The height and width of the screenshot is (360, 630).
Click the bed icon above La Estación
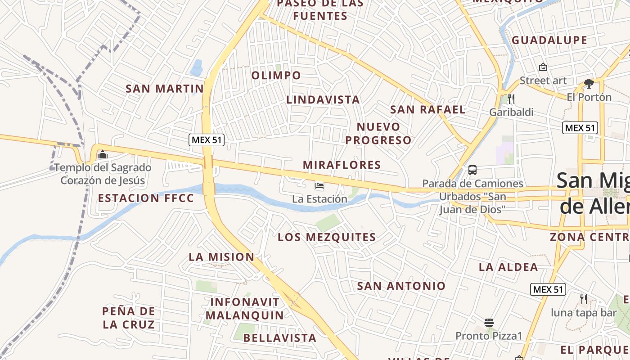[x=319, y=185]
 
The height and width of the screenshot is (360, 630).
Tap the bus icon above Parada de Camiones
[x=472, y=170]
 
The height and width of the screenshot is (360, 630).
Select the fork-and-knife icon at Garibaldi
[x=511, y=99]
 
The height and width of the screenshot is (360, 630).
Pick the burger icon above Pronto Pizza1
[x=489, y=323]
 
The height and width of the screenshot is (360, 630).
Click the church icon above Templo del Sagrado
[x=103, y=155]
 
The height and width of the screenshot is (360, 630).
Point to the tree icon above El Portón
[x=589, y=83]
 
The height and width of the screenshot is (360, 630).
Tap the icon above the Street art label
[x=543, y=67]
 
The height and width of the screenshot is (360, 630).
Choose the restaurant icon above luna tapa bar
[x=584, y=299]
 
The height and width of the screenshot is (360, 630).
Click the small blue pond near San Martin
[x=197, y=68]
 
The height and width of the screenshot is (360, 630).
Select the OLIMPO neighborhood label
[x=276, y=75]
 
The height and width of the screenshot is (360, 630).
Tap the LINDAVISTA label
[x=323, y=99]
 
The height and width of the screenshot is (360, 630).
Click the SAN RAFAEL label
[x=427, y=109]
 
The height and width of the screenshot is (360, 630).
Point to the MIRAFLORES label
[x=342, y=165]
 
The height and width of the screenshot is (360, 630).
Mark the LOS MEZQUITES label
[x=327, y=237]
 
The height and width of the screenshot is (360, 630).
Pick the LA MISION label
[x=221, y=257]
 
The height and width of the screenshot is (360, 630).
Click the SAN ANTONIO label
[x=401, y=286]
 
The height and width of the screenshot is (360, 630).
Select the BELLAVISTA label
[x=280, y=338]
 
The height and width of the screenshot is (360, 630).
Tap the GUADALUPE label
[x=549, y=40]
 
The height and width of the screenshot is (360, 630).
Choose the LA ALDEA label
[x=508, y=267]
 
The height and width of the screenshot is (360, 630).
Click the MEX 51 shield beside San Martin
[x=207, y=139]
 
